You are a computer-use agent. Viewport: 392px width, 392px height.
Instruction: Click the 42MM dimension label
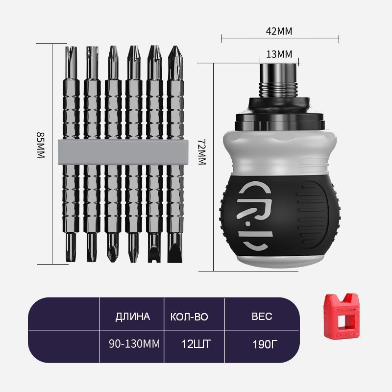(x=279, y=31)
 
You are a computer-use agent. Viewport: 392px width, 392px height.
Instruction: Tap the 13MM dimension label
(x=279, y=54)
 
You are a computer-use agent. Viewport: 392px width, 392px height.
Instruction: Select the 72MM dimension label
(x=202, y=152)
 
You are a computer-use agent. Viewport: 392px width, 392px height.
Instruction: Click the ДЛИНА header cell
(x=132, y=317)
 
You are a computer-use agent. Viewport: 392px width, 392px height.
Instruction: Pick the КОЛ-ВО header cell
(x=189, y=317)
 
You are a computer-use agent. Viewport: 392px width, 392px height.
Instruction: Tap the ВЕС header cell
(x=262, y=317)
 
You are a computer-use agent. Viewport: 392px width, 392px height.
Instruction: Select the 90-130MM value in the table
(x=134, y=344)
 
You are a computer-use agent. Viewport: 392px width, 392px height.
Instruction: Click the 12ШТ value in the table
(x=196, y=344)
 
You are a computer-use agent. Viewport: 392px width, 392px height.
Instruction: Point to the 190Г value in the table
(x=265, y=344)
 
